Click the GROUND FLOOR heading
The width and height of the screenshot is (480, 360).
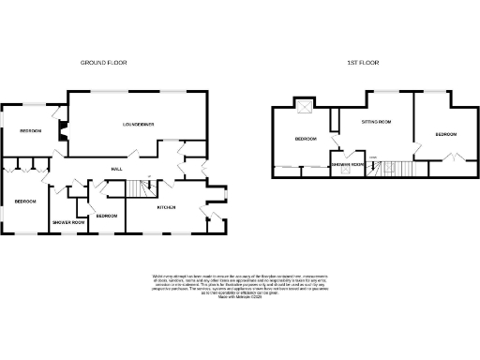point(103,63)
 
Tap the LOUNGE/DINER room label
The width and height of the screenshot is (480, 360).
point(138,124)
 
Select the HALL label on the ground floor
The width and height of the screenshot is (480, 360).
point(117,168)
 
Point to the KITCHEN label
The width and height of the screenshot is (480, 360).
point(166,206)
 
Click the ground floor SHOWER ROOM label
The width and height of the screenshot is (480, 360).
point(67,222)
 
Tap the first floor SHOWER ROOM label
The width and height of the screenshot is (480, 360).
point(347,165)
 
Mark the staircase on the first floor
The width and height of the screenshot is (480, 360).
point(389,168)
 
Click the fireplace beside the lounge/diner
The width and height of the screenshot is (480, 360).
point(62,132)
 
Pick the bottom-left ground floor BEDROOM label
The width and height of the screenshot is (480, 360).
point(24,202)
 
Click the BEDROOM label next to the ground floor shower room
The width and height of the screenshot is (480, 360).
point(106,216)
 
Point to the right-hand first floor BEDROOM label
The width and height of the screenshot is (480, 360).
point(445,135)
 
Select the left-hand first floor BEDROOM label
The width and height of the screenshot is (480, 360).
point(306,140)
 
